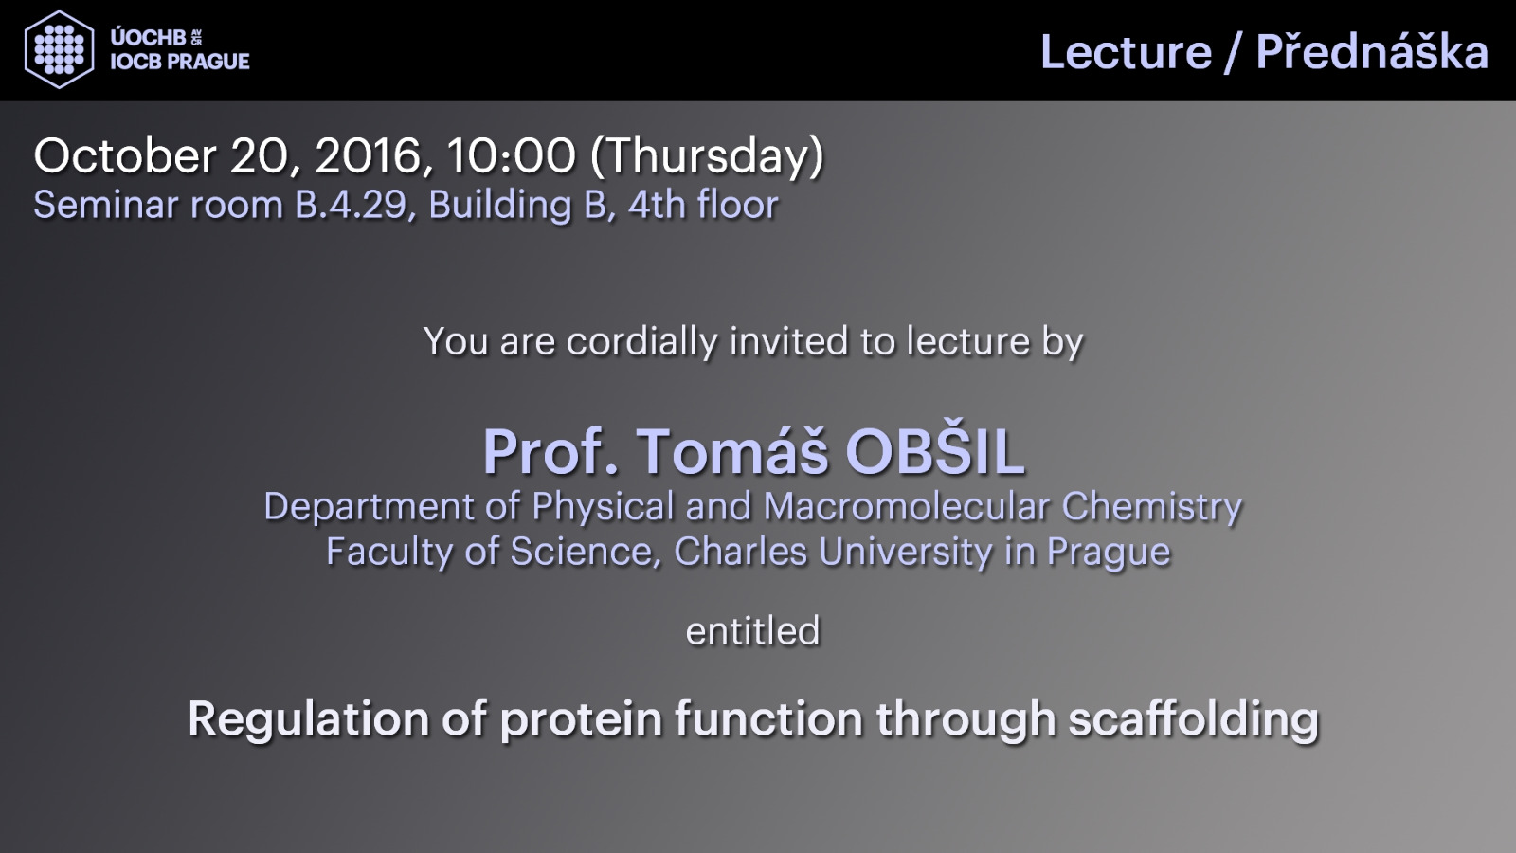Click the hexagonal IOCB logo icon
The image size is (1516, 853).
click(x=60, y=49)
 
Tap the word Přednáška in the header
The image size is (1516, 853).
click(x=1373, y=51)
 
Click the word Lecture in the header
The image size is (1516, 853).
click(x=1127, y=52)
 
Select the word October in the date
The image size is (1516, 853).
click(x=125, y=155)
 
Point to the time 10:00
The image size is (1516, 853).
click(x=511, y=155)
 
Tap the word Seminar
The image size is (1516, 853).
click(x=107, y=205)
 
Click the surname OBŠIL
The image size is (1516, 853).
click(x=935, y=451)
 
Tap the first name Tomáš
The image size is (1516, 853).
click(x=732, y=451)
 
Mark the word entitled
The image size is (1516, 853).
click(x=752, y=631)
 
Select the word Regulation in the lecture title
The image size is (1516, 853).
click(x=308, y=720)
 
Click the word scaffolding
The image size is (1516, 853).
click(x=1194, y=720)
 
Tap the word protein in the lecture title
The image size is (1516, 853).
click(x=581, y=720)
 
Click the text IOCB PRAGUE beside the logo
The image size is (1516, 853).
click(x=180, y=62)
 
